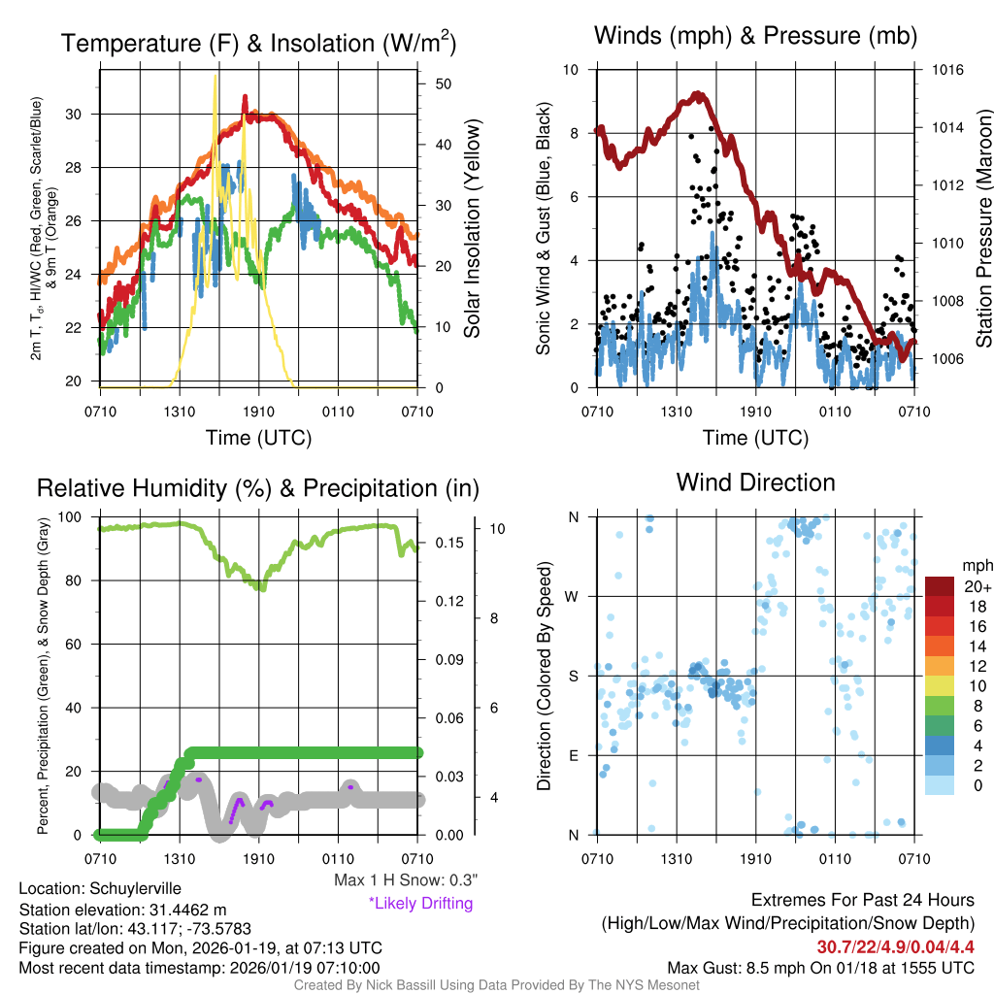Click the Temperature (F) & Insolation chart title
[258, 43]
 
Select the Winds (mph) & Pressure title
[755, 36]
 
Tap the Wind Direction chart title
[755, 481]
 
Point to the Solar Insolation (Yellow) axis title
[473, 229]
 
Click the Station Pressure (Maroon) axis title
[983, 229]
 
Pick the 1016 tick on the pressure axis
[947, 70]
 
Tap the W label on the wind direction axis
[574, 596]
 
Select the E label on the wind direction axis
[574, 755]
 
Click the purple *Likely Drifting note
[420, 904]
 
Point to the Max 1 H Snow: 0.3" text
[406, 879]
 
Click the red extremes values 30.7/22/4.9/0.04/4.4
[895, 946]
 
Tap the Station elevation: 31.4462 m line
[122, 910]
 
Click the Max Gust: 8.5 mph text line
[820, 968]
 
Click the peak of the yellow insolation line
[215, 75]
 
